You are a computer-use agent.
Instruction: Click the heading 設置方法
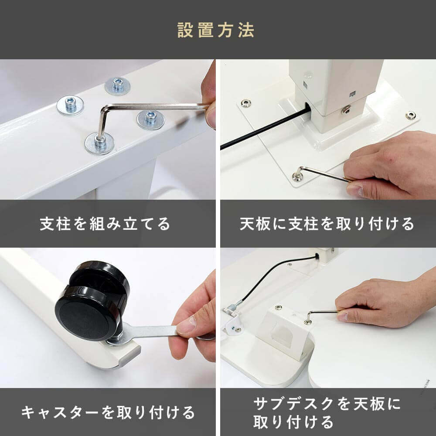coord(216,30)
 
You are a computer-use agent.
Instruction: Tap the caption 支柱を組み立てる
coord(105,224)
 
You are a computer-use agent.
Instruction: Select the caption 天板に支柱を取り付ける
coord(327,224)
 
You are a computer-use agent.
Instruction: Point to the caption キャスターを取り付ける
coord(108,412)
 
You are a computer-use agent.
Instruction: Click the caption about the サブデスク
coord(327,412)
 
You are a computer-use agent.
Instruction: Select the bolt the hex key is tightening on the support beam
coord(99,143)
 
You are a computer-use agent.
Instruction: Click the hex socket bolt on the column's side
coord(346,110)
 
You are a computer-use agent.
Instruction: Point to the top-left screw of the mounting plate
coord(245,103)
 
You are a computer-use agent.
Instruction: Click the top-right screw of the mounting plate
coord(411,115)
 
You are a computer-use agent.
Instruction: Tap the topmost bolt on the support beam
coord(118,85)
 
